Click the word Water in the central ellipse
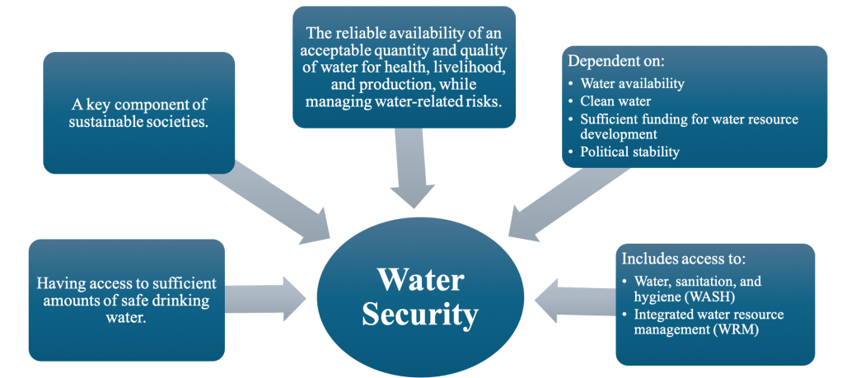point(420,280)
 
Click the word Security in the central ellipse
point(420,315)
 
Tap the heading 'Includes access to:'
point(684,259)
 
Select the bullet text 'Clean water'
point(615,101)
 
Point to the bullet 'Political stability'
point(630,152)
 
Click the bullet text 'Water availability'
point(632,84)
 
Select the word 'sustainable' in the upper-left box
point(106,123)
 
